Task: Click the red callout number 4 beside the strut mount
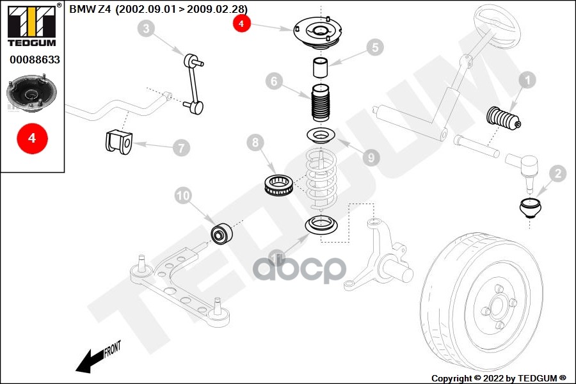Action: click(x=241, y=24)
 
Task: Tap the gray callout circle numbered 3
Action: click(x=147, y=28)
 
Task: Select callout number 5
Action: click(x=374, y=47)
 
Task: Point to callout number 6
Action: click(x=273, y=82)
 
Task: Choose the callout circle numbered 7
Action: click(x=180, y=148)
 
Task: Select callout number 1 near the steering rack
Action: click(x=527, y=81)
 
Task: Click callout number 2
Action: click(x=557, y=173)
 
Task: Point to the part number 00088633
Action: click(x=33, y=60)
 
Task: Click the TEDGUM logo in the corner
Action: click(x=31, y=25)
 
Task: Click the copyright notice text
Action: click(x=499, y=378)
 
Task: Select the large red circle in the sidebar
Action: click(x=32, y=138)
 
